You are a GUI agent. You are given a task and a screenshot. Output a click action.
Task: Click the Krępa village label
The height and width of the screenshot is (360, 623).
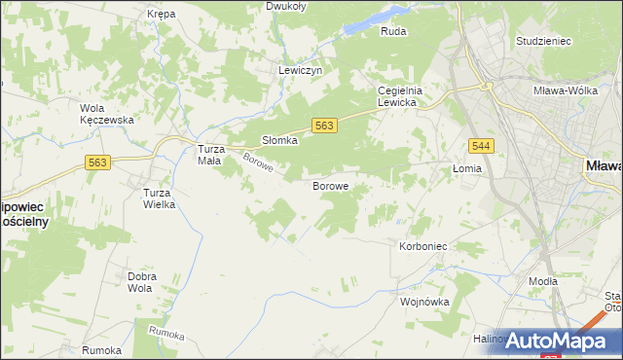[x=160, y=15]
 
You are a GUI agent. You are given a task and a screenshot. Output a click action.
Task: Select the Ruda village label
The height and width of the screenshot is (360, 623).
[x=393, y=31]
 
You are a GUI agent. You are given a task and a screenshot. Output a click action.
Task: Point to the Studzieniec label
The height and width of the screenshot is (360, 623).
[x=543, y=42]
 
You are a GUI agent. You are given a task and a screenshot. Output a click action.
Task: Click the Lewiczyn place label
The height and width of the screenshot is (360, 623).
[x=300, y=70]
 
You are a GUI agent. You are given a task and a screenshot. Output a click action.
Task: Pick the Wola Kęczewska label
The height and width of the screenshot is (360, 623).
[x=106, y=113]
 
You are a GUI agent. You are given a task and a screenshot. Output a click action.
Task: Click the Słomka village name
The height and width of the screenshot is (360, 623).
[x=279, y=140]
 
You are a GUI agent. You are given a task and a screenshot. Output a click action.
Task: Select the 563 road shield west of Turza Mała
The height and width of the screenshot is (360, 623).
[x=96, y=163]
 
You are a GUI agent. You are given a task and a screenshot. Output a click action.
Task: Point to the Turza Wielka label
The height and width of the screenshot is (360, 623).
[x=159, y=198]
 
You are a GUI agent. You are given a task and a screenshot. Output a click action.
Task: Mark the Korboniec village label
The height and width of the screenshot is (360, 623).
[x=422, y=247]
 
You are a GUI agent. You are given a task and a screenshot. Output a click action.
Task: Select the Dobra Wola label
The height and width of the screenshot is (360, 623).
[x=142, y=282]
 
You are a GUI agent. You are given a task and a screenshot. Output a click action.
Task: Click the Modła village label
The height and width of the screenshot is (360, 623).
[x=542, y=281]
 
